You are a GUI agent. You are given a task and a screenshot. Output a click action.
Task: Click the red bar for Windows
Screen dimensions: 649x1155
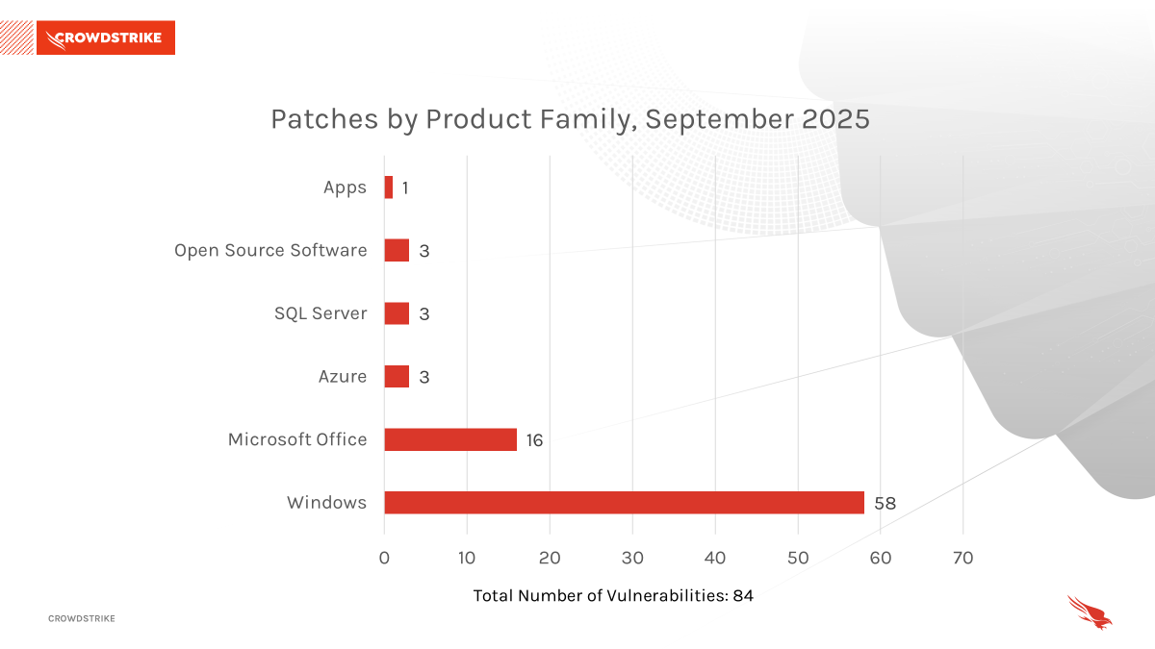624,503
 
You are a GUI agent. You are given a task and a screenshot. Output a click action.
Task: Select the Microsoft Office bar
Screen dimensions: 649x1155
450,439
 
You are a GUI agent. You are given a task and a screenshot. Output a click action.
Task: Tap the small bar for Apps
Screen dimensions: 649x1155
389,187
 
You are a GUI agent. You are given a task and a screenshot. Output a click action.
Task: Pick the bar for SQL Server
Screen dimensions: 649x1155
397,313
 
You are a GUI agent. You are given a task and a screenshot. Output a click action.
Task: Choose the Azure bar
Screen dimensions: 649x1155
397,376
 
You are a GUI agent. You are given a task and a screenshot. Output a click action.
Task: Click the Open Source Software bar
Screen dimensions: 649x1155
397,251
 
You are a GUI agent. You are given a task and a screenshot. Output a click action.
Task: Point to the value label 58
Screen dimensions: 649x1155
885,503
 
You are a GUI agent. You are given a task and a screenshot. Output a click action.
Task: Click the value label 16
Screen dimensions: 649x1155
534,440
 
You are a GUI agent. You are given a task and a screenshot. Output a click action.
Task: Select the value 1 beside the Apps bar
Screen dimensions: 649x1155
405,188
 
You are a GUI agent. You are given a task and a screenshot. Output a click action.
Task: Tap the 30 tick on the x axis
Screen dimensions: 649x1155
632,558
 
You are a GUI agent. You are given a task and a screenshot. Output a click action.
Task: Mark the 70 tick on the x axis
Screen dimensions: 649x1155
962,558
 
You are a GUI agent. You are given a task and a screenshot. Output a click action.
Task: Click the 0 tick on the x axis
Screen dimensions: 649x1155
384,558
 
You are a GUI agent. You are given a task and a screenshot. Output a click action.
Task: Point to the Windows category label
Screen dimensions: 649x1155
326,503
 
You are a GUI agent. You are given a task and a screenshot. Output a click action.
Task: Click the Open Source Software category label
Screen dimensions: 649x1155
270,251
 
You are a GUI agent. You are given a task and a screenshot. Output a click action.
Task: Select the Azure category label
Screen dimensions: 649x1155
343,377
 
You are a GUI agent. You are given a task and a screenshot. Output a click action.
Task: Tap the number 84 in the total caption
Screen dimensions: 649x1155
742,596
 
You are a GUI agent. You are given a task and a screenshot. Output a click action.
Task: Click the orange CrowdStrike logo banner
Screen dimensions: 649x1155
106,38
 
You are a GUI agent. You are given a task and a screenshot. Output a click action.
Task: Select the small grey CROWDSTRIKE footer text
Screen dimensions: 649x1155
82,618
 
